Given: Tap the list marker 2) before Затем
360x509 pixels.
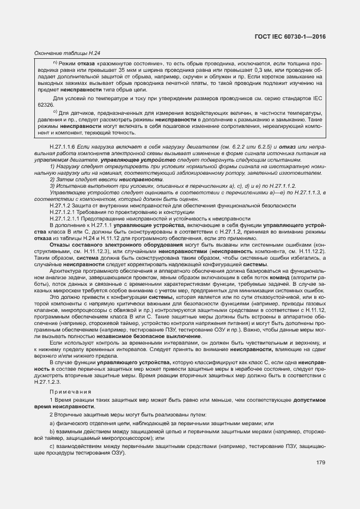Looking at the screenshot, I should [53, 179].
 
